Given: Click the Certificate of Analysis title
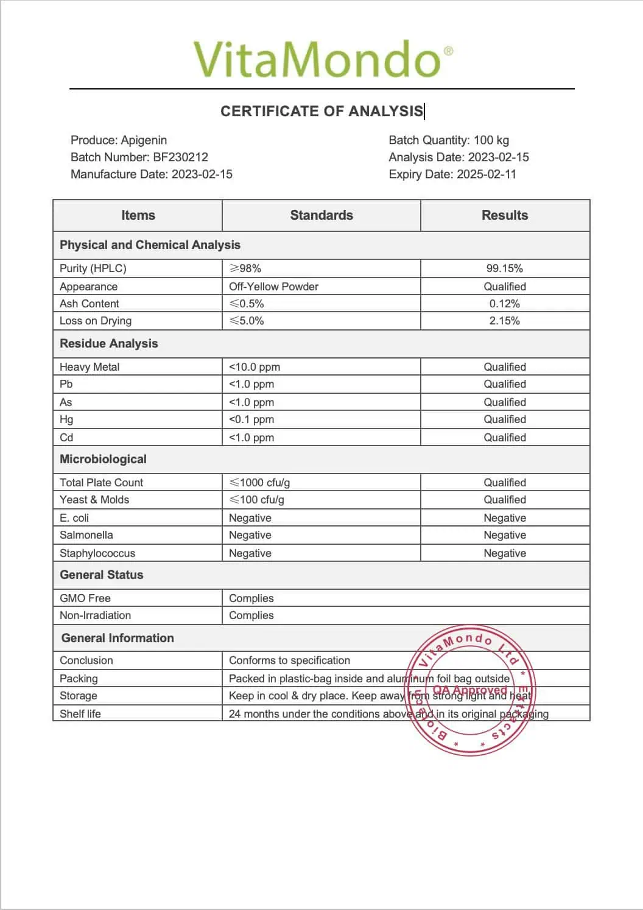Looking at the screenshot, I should click(321, 111).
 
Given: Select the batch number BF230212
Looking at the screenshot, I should click(180, 157).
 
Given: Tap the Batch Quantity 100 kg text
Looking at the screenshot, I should click(449, 140).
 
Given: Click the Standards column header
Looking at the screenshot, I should click(321, 215).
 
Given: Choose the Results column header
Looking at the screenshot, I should click(505, 215).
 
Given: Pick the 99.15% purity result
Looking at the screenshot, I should click(505, 268).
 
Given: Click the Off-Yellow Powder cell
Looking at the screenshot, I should click(273, 287).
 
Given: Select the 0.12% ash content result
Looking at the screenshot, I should click(505, 304).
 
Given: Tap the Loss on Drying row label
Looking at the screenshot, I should click(96, 321).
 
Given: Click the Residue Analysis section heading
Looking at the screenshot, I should click(109, 344).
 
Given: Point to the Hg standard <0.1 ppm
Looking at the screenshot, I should click(251, 419).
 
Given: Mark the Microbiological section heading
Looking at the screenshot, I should click(104, 460).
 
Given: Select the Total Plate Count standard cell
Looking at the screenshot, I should click(259, 483).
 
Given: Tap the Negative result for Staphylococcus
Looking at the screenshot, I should click(505, 553).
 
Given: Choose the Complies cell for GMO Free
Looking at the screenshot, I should click(251, 598).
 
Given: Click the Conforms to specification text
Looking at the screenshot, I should click(289, 660).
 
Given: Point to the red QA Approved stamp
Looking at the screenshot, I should click(470, 691).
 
